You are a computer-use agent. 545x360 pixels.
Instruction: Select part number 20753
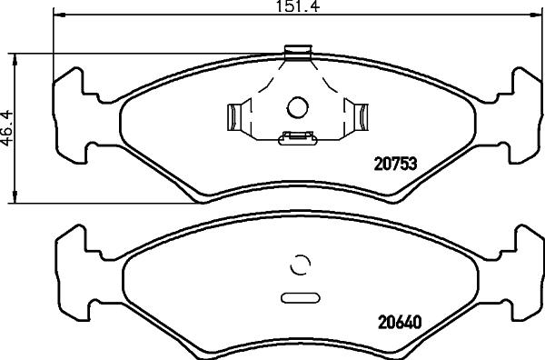coord(396,165)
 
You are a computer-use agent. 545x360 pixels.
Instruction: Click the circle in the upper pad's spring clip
coord(298,108)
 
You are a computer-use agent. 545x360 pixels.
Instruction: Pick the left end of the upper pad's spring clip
coord(233,116)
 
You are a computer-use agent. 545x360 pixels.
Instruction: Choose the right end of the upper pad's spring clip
coord(361,116)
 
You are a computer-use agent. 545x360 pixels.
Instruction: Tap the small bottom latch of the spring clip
coord(296,138)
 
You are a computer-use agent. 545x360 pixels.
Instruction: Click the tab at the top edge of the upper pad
coord(296,53)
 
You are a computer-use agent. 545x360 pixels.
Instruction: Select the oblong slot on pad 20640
coord(298,296)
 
